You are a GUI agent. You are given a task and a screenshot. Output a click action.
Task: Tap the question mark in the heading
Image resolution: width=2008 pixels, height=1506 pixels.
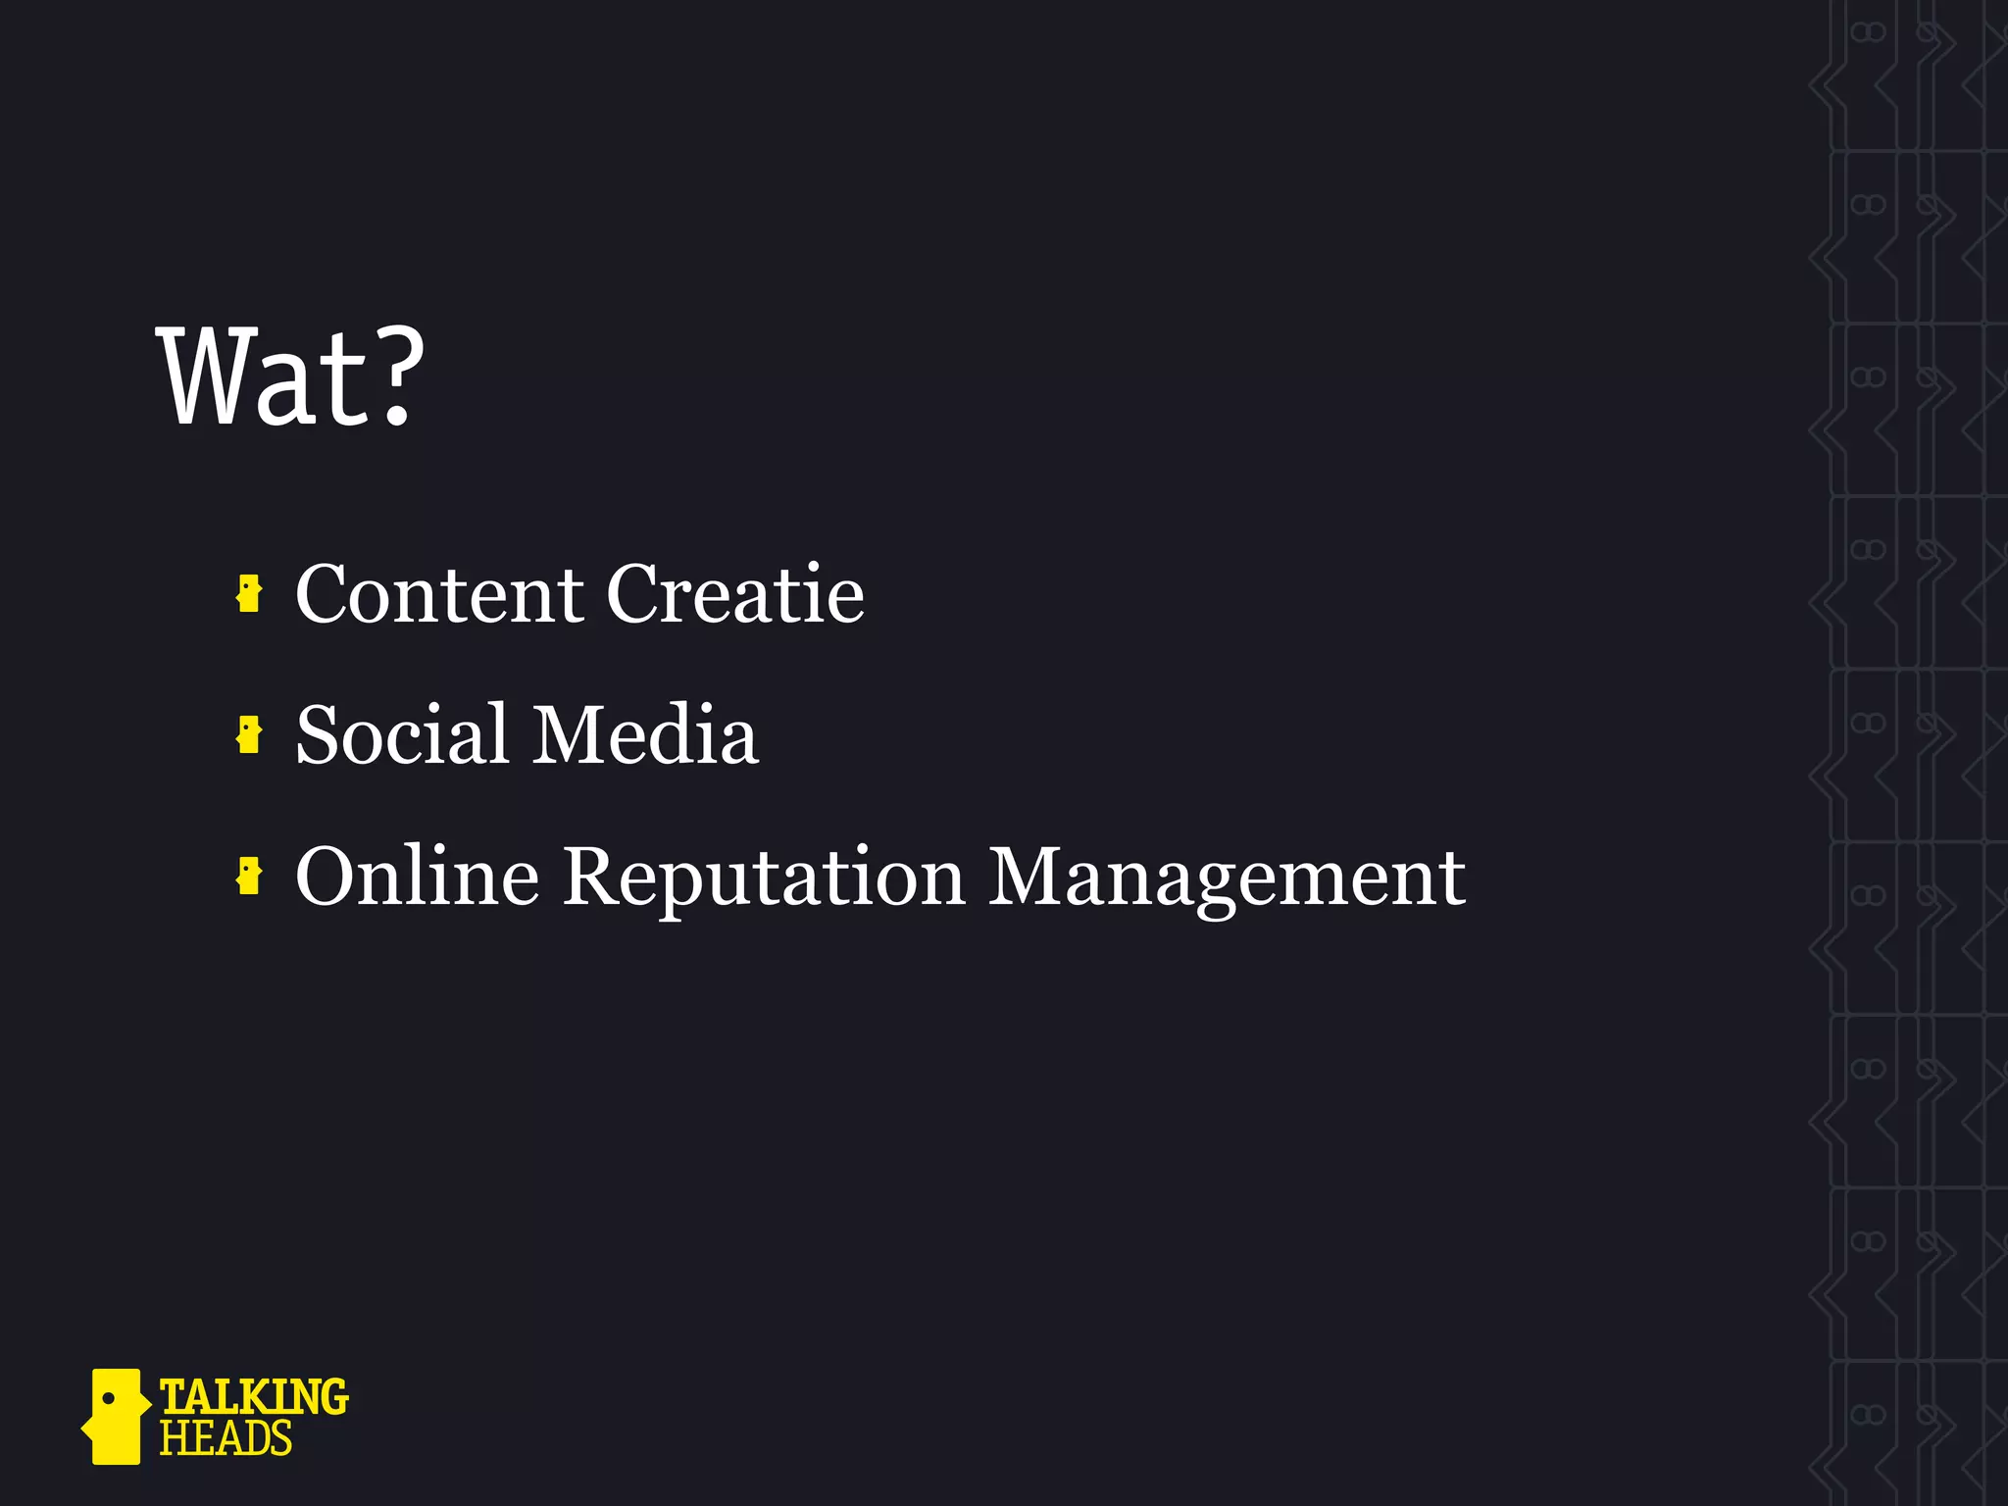pyautogui.click(x=396, y=377)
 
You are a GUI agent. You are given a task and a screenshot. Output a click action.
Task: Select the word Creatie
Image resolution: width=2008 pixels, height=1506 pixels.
pyautogui.click(x=735, y=594)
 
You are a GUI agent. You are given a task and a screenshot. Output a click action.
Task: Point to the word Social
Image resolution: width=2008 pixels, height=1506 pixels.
pyautogui.click(x=402, y=734)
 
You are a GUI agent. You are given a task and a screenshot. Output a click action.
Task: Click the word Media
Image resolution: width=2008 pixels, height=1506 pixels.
pyautogui.click(x=646, y=734)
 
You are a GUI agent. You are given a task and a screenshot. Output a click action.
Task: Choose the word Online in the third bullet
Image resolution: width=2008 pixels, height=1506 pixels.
pyautogui.click(x=417, y=876)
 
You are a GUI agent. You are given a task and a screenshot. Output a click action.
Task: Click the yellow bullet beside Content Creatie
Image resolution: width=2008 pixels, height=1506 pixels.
pyautogui.click(x=249, y=594)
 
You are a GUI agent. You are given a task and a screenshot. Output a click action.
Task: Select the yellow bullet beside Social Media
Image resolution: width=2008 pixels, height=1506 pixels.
pyautogui.click(x=249, y=735)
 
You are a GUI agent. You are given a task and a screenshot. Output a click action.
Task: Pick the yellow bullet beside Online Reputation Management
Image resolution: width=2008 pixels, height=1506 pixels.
pyautogui.click(x=249, y=876)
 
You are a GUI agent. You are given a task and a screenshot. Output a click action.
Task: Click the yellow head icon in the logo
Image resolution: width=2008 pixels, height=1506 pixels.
pyautogui.click(x=116, y=1416)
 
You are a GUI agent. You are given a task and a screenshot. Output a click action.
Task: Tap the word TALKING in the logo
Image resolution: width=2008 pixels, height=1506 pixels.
pyautogui.click(x=253, y=1396)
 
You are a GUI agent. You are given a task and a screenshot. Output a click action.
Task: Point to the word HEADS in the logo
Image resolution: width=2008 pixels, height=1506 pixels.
pyautogui.click(x=226, y=1438)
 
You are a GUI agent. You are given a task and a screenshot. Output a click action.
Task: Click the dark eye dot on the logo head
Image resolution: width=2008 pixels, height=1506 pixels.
pyautogui.click(x=109, y=1397)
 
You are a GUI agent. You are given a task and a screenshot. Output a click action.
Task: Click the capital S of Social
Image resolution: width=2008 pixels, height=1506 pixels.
pyautogui.click(x=319, y=734)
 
